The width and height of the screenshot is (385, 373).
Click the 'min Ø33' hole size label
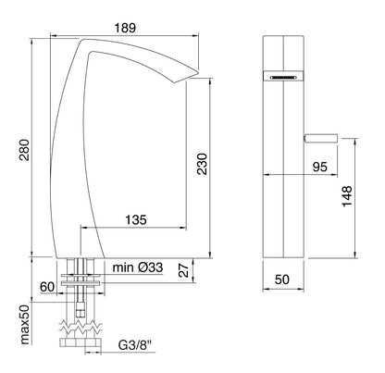(137, 268)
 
